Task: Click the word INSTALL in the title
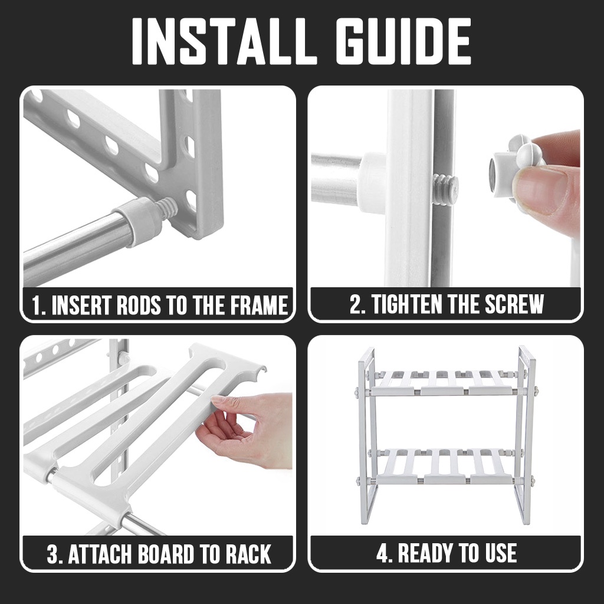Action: [x=224, y=41]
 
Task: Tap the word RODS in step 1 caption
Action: [x=139, y=305]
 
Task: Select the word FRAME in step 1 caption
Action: [x=259, y=305]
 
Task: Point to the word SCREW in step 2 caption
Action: [x=514, y=304]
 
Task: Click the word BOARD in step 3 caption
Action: [x=166, y=554]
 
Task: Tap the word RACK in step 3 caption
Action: [x=248, y=554]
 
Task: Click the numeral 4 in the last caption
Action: [x=383, y=553]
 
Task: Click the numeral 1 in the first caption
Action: [x=36, y=305]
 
